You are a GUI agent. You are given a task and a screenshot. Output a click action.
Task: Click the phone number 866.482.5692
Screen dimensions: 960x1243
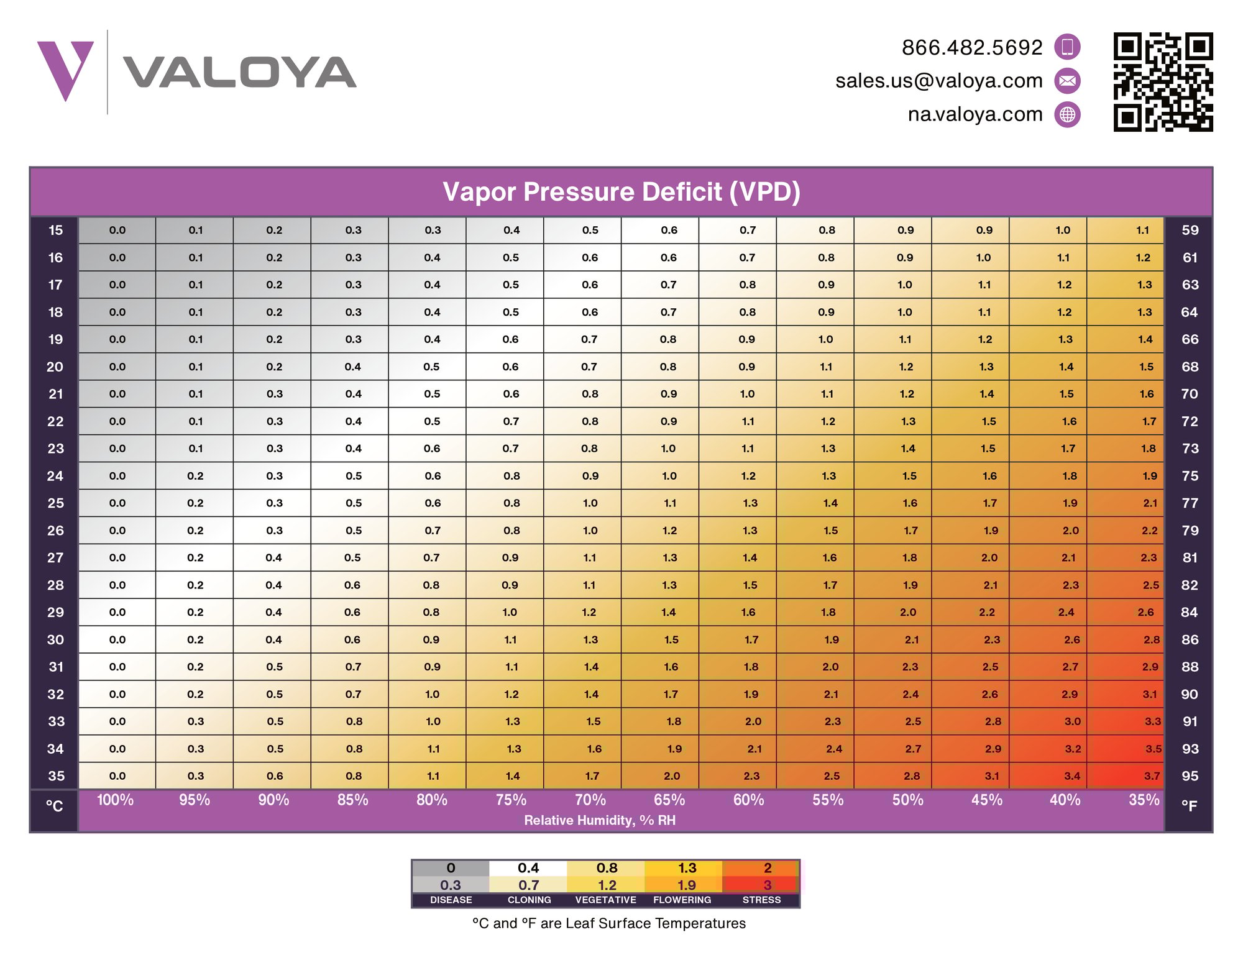tap(972, 48)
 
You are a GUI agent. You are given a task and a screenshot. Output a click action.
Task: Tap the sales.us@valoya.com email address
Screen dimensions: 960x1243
tap(938, 81)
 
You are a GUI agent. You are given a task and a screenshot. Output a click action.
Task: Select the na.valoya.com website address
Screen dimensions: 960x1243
tap(975, 115)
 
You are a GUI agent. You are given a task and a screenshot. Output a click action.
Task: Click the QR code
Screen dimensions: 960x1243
tap(1163, 82)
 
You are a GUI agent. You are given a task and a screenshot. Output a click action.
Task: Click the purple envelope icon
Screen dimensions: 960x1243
tap(1068, 81)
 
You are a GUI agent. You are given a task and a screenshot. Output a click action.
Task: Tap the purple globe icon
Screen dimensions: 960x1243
tap(1068, 115)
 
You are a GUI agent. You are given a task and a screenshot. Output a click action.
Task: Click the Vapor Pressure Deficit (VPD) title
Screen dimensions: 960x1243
tap(621, 192)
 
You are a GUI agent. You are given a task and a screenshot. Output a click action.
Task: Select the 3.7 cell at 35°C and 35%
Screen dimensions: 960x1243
tap(1152, 776)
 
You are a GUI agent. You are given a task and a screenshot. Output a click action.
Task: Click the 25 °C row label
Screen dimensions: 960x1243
tap(55, 503)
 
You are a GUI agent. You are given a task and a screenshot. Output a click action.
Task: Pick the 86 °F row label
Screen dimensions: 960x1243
tap(1190, 640)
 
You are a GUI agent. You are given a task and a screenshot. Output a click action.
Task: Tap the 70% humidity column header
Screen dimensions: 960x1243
tap(590, 800)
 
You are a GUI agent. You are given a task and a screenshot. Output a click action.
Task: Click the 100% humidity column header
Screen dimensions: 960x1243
tap(116, 800)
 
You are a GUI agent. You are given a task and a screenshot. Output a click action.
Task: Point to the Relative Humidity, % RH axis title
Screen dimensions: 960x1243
tap(600, 821)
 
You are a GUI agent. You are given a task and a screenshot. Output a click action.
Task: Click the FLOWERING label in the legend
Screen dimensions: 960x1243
tap(682, 900)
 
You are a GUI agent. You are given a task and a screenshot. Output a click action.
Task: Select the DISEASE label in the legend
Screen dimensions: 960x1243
tap(451, 900)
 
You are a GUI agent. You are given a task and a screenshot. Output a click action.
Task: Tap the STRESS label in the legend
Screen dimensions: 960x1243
tap(761, 900)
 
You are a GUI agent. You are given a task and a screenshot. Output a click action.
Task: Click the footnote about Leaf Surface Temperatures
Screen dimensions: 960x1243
tap(608, 924)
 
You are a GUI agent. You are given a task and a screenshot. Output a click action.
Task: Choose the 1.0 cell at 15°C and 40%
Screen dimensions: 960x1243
tap(1063, 231)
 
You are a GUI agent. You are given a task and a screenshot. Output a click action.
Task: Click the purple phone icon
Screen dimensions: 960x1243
tap(1068, 47)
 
